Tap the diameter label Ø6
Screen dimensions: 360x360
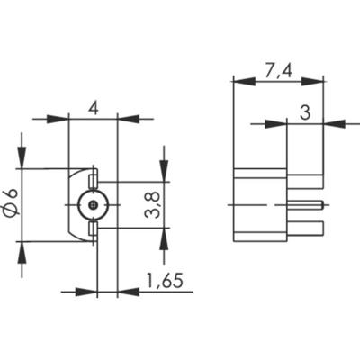[x=11, y=204]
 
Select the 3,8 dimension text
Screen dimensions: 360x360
[x=154, y=206]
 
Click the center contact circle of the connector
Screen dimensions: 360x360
[x=93, y=205]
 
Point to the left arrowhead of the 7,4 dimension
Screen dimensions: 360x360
[x=238, y=81]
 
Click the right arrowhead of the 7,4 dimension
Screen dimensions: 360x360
[x=319, y=81]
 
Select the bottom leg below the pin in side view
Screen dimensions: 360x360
[x=307, y=229]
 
